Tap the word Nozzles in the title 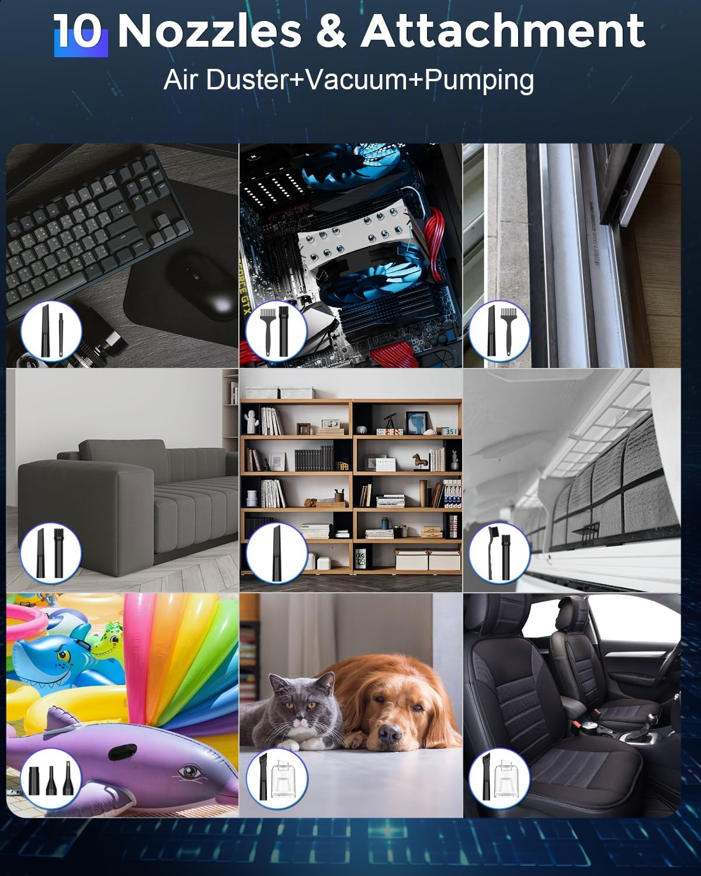[210, 32]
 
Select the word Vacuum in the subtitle [356, 79]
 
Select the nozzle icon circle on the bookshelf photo [276, 553]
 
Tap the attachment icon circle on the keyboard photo [51, 331]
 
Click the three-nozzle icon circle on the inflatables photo [51, 778]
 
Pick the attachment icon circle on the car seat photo [499, 778]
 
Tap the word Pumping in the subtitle [479, 81]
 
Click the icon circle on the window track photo [499, 331]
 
